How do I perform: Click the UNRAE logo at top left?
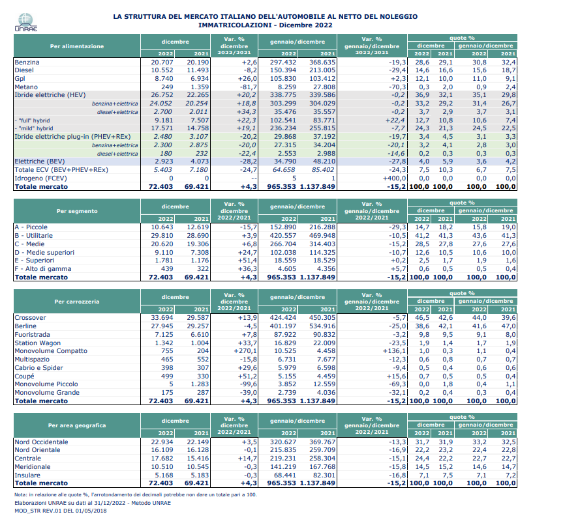26,22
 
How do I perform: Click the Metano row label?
26,87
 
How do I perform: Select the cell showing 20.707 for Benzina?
162,63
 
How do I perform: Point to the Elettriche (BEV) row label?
40,162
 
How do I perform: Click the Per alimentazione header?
77,46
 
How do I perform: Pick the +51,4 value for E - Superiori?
247,261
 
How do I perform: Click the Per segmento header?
77,211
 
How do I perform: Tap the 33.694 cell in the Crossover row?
162,318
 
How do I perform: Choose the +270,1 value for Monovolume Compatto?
245,351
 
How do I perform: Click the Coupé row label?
25,376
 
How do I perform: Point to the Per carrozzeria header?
77,302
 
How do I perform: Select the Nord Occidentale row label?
42,442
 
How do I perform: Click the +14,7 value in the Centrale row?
247,459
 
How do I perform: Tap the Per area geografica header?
77,425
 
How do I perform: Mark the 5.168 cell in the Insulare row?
164,475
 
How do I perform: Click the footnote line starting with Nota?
136,495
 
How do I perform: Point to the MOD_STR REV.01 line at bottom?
61,511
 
